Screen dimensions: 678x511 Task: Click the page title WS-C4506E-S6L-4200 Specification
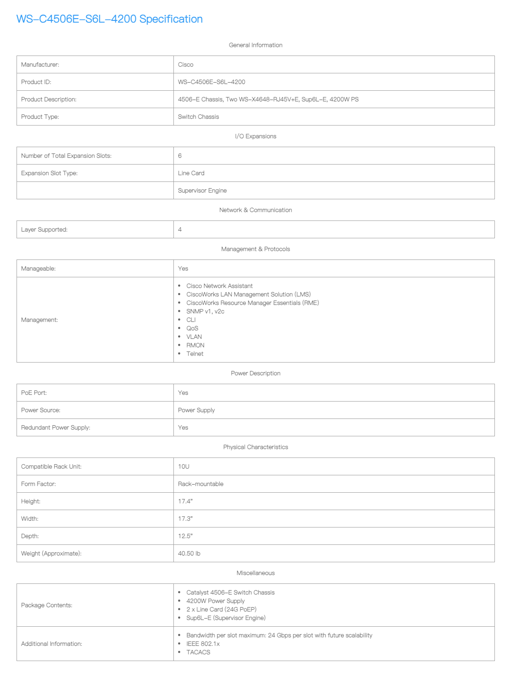(109, 19)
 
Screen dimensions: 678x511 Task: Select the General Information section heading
(255, 45)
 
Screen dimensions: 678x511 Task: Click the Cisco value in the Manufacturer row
(186, 64)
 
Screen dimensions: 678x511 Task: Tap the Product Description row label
(49, 99)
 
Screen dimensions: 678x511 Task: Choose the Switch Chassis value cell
(198, 117)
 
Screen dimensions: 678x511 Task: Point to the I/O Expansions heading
(255, 136)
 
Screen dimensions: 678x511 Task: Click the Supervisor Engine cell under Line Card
(202, 190)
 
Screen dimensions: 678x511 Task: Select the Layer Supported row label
(44, 229)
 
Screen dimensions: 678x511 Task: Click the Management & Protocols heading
(255, 249)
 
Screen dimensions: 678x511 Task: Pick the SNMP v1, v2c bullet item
(205, 311)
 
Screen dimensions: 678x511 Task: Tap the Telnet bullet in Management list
(195, 354)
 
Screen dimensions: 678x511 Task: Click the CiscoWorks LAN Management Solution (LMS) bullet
(249, 294)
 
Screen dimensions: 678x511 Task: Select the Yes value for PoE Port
(183, 393)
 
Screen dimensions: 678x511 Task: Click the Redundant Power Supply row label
(56, 427)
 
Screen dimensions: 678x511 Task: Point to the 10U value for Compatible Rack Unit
(184, 466)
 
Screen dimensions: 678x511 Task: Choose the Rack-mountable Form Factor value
(201, 484)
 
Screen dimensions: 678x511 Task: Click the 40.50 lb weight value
(189, 553)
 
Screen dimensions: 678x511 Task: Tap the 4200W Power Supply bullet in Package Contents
(215, 601)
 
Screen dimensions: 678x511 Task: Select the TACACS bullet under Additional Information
(198, 652)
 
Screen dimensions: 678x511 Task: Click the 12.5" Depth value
(185, 536)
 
